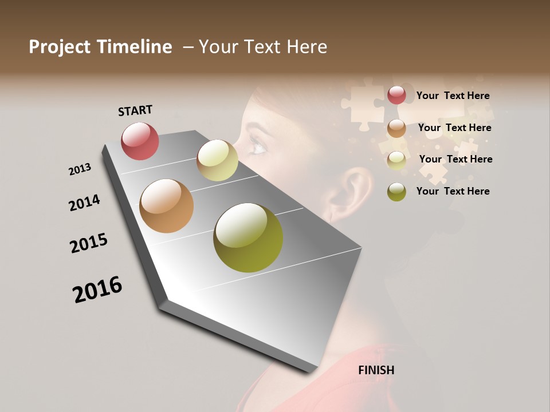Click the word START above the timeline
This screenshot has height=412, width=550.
point(135,110)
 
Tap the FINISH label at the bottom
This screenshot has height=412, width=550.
point(376,370)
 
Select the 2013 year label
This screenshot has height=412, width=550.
point(80,169)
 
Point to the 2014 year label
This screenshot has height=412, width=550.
point(84,203)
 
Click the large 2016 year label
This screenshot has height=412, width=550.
point(97,289)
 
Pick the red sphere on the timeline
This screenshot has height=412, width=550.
point(140,141)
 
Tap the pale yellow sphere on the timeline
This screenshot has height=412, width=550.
point(217,160)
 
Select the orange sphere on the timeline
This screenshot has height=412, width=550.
point(166,206)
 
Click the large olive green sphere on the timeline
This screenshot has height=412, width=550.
point(248,237)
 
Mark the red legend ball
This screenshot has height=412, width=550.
point(396,96)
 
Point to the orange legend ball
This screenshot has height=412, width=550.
point(396,128)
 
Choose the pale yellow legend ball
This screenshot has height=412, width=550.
point(396,160)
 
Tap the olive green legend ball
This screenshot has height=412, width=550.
point(396,192)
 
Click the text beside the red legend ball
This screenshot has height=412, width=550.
point(453,96)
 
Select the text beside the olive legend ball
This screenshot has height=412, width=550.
point(453,191)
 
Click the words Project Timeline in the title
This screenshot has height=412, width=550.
point(100,47)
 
